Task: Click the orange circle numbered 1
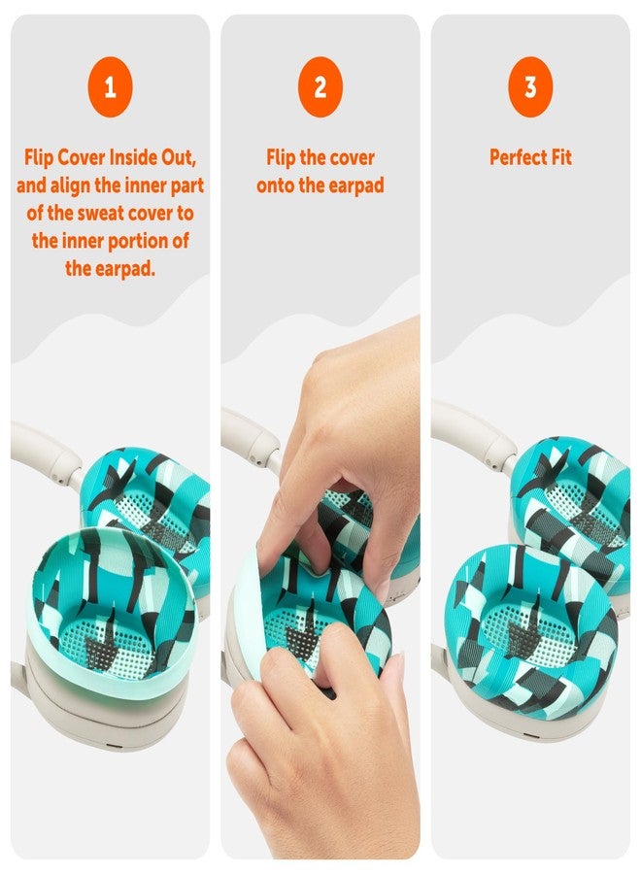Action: [110, 88]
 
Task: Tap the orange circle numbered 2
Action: [320, 88]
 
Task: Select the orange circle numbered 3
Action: [530, 88]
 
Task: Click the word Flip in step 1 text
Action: [45, 158]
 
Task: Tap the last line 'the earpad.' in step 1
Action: [110, 269]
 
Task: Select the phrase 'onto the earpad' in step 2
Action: [320, 185]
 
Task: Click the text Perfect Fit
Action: [530, 158]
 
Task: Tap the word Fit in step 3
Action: [559, 158]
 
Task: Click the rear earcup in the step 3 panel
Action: [573, 495]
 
